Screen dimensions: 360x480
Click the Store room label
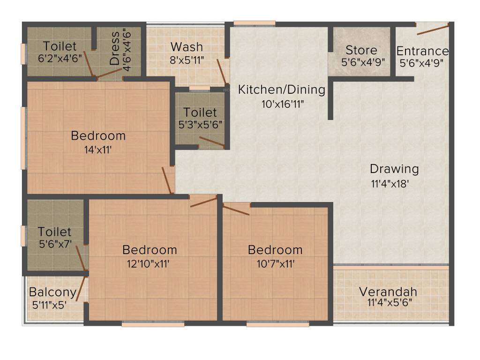[x=361, y=50]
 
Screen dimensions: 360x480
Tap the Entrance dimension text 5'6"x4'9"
[x=421, y=61]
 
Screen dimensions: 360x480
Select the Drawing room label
[x=394, y=169]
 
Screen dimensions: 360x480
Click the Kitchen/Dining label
[x=282, y=90]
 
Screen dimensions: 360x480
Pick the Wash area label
[x=187, y=47]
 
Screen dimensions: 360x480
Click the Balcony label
[x=52, y=292]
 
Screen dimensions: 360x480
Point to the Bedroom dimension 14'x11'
[x=98, y=150]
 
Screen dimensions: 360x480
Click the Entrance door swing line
[x=432, y=30]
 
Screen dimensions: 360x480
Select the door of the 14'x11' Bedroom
[x=166, y=180]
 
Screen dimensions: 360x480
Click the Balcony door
[x=81, y=288]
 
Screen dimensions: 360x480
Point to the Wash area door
[x=221, y=71]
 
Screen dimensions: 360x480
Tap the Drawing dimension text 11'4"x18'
[x=390, y=184]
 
